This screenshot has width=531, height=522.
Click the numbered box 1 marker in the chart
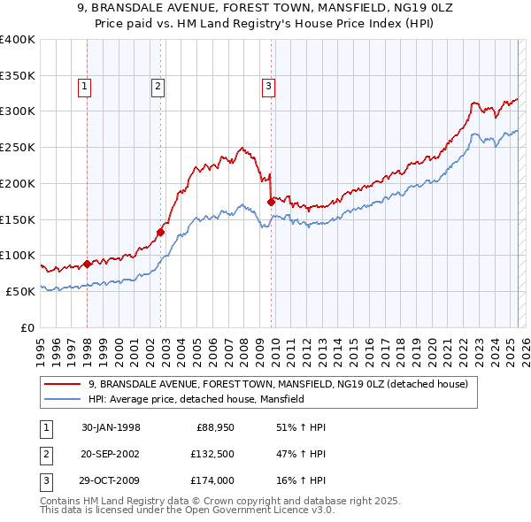point(83,86)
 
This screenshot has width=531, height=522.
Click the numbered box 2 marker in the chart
point(157,86)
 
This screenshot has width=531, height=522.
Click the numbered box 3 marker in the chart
point(267,86)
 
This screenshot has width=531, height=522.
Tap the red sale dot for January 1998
point(88,264)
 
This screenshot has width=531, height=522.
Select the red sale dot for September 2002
point(161,233)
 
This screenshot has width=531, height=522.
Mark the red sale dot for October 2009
point(271,202)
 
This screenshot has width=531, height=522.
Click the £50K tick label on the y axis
point(20,291)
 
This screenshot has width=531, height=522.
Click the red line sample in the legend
point(63,384)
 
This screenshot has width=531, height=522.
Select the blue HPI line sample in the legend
point(63,399)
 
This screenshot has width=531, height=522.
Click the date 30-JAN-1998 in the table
point(111,428)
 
